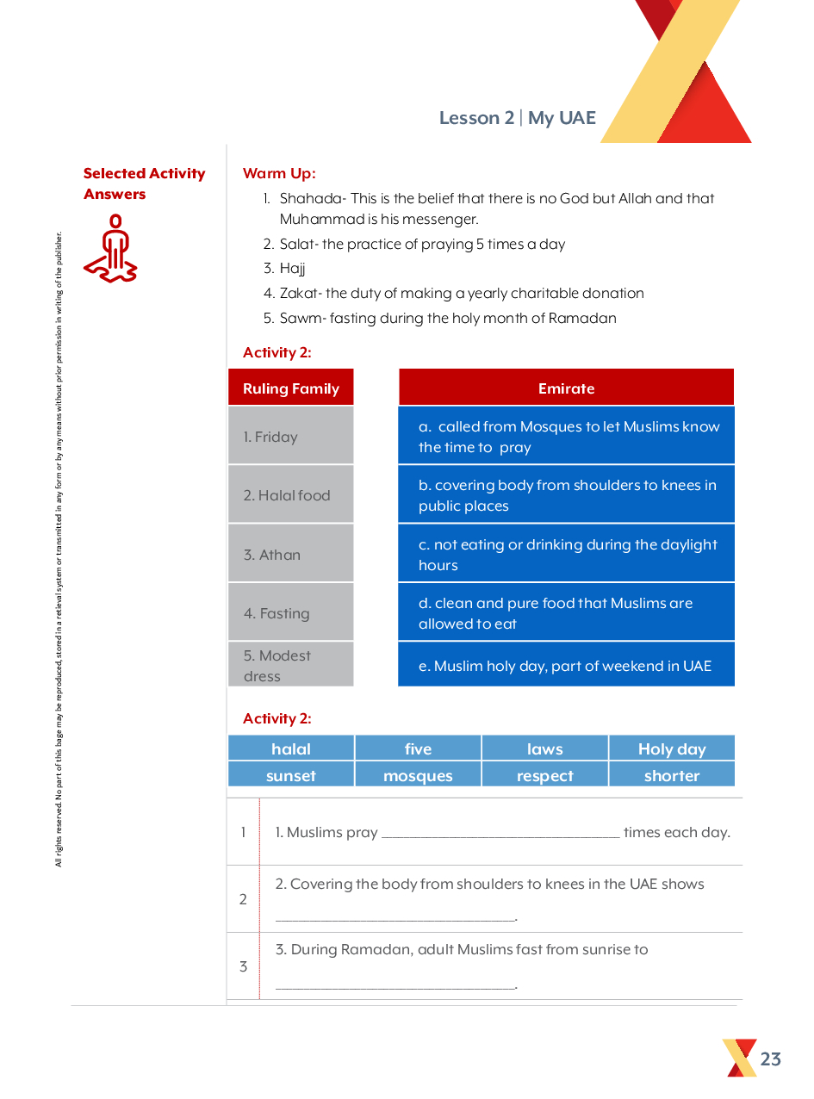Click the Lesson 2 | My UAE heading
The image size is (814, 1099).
(x=517, y=118)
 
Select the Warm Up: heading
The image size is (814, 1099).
(x=279, y=174)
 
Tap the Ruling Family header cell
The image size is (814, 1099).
(x=291, y=388)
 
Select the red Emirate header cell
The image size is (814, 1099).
(x=566, y=388)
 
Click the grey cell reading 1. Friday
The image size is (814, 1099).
(x=291, y=437)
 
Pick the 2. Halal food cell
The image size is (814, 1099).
(x=291, y=495)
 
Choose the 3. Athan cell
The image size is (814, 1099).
(x=291, y=555)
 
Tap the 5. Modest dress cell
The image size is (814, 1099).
(x=291, y=665)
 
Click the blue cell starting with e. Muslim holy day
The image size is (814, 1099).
(x=566, y=666)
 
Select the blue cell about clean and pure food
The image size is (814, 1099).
(x=566, y=613)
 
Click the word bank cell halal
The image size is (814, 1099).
(x=291, y=748)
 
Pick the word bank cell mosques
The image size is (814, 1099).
(x=418, y=775)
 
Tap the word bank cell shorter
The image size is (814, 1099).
(x=672, y=775)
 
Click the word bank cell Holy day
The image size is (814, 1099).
(x=672, y=748)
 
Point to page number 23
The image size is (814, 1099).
(x=770, y=1059)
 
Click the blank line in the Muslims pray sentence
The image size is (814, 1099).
(x=500, y=833)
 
